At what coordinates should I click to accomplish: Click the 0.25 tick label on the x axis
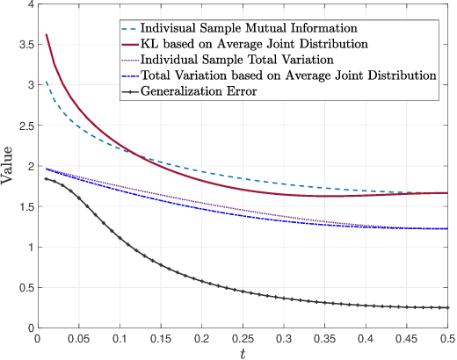(242, 336)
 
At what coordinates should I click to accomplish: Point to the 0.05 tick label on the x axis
(77, 336)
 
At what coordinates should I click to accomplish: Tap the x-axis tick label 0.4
(365, 336)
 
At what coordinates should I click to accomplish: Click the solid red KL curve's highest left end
(46, 35)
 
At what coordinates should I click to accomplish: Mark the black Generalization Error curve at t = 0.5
(447, 307)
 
